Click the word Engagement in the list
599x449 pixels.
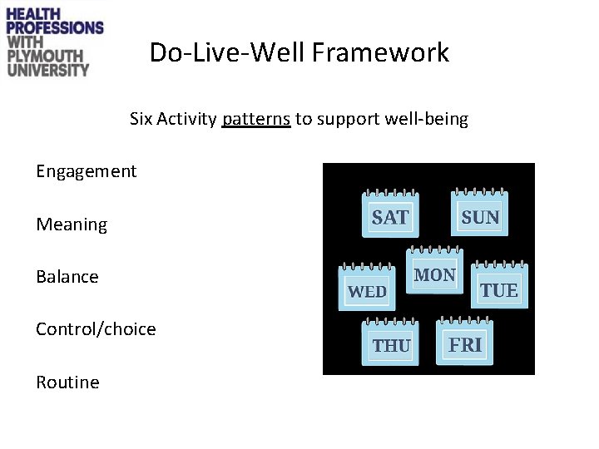86,171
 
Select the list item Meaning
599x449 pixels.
72,224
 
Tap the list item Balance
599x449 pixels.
67,276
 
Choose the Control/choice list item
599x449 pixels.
96,329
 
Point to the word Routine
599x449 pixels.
67,382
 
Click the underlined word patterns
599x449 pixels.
256,119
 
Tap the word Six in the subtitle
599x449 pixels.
141,119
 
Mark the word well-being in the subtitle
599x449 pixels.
428,119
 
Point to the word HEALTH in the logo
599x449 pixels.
36,12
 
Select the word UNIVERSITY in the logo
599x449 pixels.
47,70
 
